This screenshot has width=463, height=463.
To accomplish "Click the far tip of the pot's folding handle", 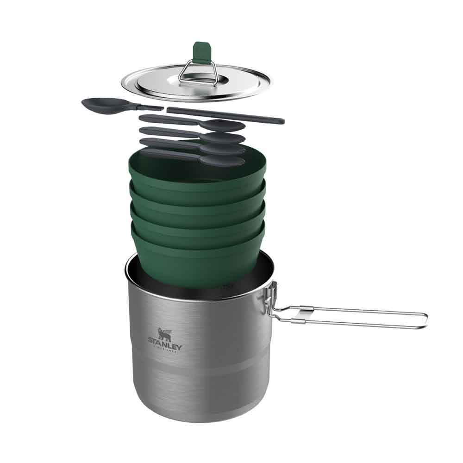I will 425,319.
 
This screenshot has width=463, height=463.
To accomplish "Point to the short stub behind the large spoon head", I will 150,107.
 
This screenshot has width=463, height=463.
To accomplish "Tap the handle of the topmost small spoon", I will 167,120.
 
